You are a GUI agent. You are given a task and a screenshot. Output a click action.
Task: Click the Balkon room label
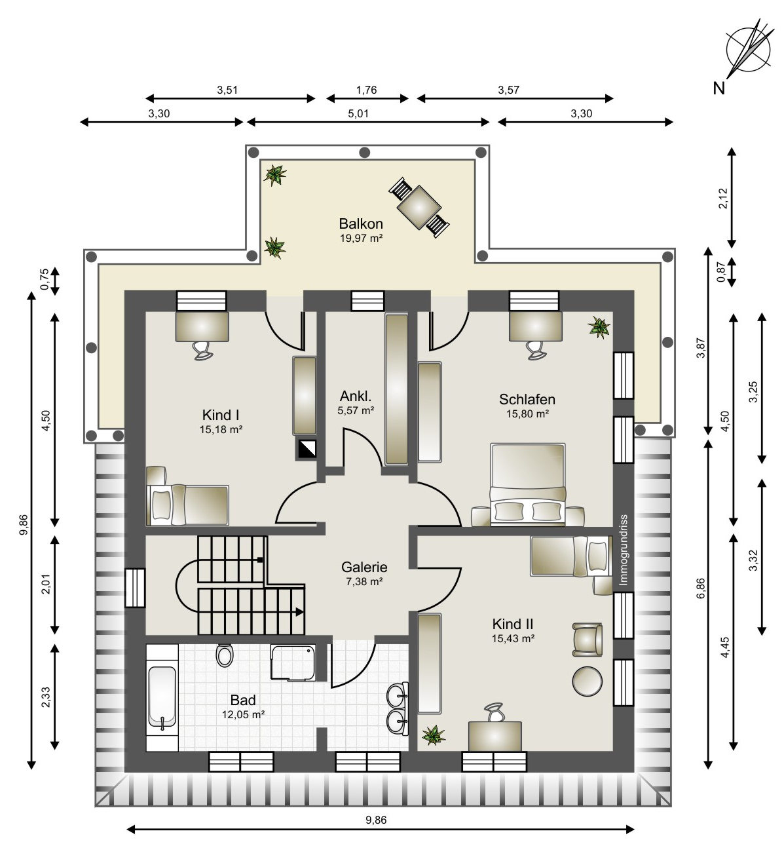(361, 224)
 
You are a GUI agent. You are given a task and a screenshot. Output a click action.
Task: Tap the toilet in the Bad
(224, 655)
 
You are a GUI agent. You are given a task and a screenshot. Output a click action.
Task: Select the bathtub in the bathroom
(162, 697)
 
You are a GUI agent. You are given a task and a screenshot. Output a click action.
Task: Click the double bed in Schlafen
(527, 485)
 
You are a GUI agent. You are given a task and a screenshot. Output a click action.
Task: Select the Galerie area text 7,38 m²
(364, 582)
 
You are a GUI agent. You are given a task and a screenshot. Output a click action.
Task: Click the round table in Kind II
(587, 682)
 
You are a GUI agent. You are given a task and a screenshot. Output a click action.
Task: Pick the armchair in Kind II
(587, 640)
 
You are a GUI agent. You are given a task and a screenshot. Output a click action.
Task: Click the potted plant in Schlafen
(599, 327)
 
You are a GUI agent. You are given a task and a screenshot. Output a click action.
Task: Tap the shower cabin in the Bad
(293, 663)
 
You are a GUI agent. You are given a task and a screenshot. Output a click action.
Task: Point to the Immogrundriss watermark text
(624, 550)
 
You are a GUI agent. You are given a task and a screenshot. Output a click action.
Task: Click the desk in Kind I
(202, 326)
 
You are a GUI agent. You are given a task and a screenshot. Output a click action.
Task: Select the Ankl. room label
(356, 396)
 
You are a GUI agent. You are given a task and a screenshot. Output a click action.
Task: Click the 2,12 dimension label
(723, 199)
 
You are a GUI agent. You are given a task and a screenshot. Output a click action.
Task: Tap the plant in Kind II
(433, 735)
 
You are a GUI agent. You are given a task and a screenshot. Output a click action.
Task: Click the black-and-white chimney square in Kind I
(307, 449)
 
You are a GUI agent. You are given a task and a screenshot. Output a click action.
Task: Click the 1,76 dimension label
(366, 90)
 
